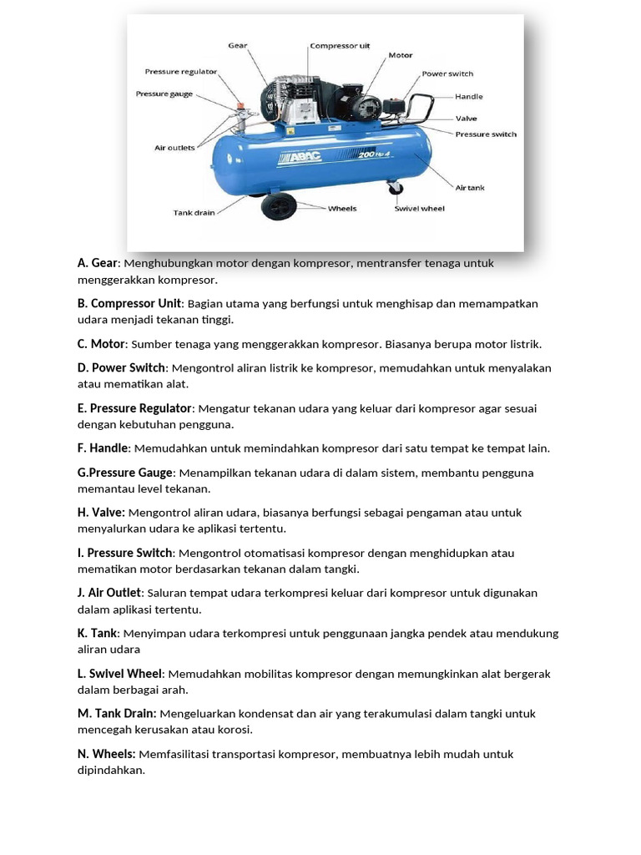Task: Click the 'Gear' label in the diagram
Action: [x=238, y=45]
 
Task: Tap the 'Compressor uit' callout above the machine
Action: [x=340, y=46]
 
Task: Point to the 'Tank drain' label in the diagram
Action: [x=194, y=213]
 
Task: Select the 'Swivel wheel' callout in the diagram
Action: [x=420, y=209]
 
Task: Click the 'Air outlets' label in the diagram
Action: [x=174, y=148]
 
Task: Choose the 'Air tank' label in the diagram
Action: [x=469, y=188]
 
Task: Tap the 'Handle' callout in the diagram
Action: [x=468, y=97]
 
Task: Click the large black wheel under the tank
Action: [x=279, y=205]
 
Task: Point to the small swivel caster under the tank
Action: [x=395, y=191]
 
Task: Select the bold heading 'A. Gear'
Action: [x=98, y=263]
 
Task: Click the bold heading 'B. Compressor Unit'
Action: [x=129, y=303]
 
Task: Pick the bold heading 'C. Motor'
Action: [x=101, y=344]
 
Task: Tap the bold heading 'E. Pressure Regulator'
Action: [x=135, y=408]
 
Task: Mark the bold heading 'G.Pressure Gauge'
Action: [x=125, y=473]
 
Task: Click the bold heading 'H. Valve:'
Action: [x=101, y=513]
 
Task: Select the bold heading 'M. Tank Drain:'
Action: [x=117, y=714]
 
